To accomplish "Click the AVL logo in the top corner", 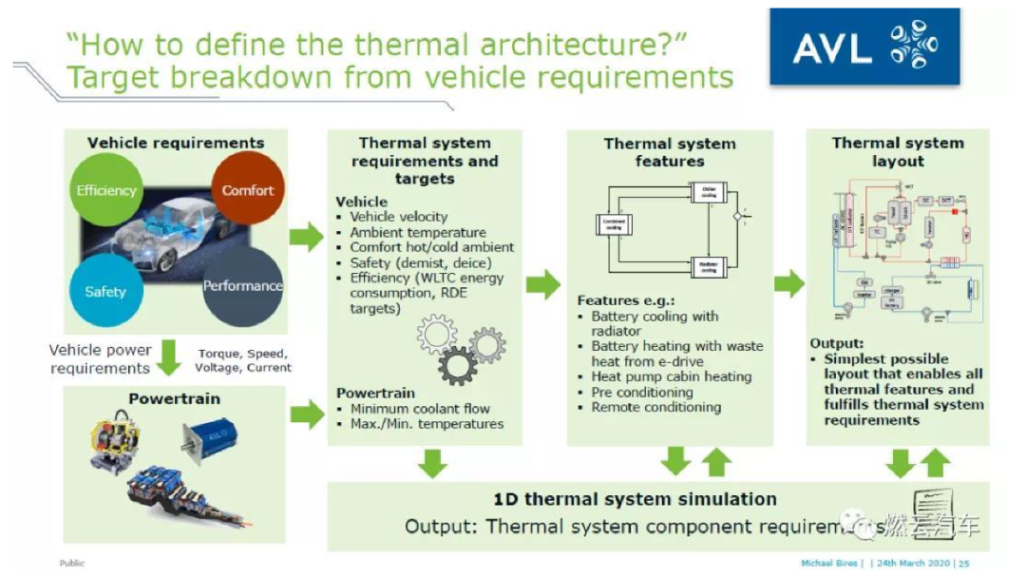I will [x=850, y=48].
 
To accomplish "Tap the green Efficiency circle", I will [x=105, y=190].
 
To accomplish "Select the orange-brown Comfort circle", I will [x=247, y=189].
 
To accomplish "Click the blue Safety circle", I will [x=104, y=291].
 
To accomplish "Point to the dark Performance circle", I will [x=242, y=285].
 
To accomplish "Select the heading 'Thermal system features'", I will [x=670, y=152].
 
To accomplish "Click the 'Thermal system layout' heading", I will [x=897, y=152].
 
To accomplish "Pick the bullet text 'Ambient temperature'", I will [x=417, y=232].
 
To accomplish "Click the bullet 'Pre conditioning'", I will [x=641, y=392].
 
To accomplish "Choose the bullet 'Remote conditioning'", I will [x=655, y=407].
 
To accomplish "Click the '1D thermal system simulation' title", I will [x=635, y=499].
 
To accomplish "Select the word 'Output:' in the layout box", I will [x=837, y=343].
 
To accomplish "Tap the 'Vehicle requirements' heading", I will [x=176, y=144].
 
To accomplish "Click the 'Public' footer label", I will [x=72, y=563].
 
